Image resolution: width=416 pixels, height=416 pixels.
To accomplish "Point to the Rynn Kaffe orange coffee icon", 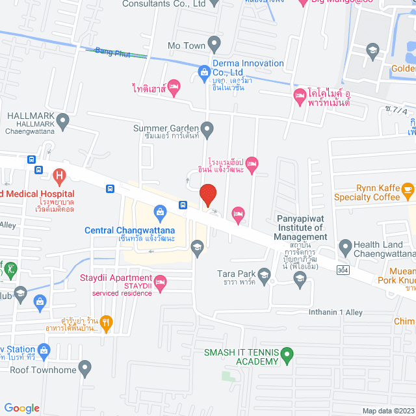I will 408,190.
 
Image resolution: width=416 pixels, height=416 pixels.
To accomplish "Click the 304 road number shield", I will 342,268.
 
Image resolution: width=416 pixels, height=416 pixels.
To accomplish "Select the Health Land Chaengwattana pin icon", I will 344,247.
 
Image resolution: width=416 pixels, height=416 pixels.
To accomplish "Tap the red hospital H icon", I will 59,175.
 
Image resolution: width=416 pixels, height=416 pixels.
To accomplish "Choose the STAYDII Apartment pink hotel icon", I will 161,281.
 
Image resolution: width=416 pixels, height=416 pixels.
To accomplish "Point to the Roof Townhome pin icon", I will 84,369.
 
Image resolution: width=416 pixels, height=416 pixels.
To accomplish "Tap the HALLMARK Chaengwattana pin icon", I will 62,120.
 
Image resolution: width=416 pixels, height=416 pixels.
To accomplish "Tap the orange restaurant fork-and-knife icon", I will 107,321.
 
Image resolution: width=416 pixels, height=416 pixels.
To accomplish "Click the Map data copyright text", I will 387,411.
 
